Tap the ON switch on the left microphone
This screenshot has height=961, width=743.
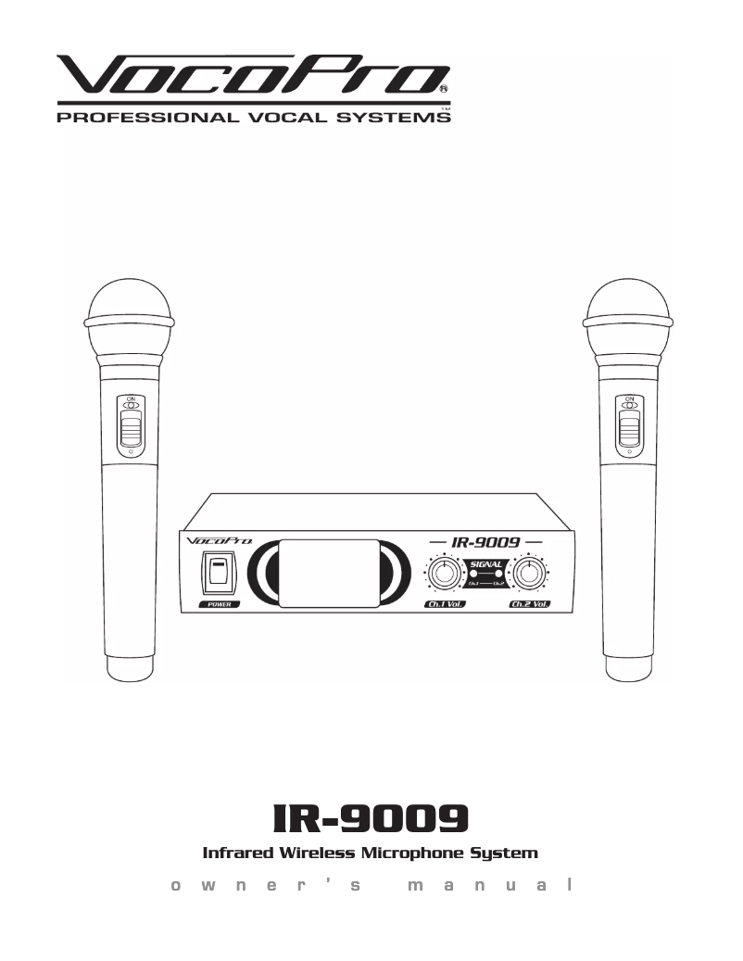(131, 426)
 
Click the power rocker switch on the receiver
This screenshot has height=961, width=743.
(219, 572)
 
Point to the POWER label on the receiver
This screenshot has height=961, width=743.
(219, 604)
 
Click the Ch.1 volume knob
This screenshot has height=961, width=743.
(445, 574)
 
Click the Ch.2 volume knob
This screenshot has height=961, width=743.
(529, 574)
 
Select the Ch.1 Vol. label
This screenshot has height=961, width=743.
(445, 604)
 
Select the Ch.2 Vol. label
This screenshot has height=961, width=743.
(530, 604)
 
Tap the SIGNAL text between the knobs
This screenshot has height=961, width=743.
(486, 564)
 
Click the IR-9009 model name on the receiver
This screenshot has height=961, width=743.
(485, 540)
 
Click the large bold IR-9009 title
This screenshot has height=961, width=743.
(371, 816)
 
